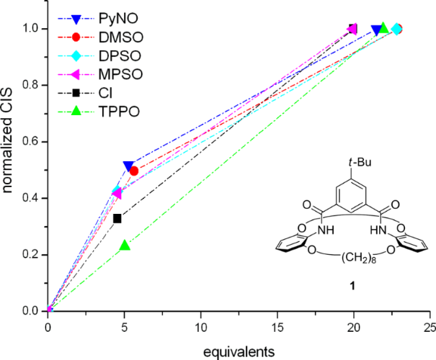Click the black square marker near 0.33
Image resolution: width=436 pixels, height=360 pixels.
pos(117,218)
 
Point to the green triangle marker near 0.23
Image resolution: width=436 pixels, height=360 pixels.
pos(125,246)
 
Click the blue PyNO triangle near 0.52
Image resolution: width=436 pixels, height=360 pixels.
pos(129,166)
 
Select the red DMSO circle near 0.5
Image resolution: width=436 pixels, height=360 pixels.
pos(133,171)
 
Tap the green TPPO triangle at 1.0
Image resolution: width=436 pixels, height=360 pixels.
pos(383,28)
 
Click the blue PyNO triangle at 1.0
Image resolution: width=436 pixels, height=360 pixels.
pos(376,30)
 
